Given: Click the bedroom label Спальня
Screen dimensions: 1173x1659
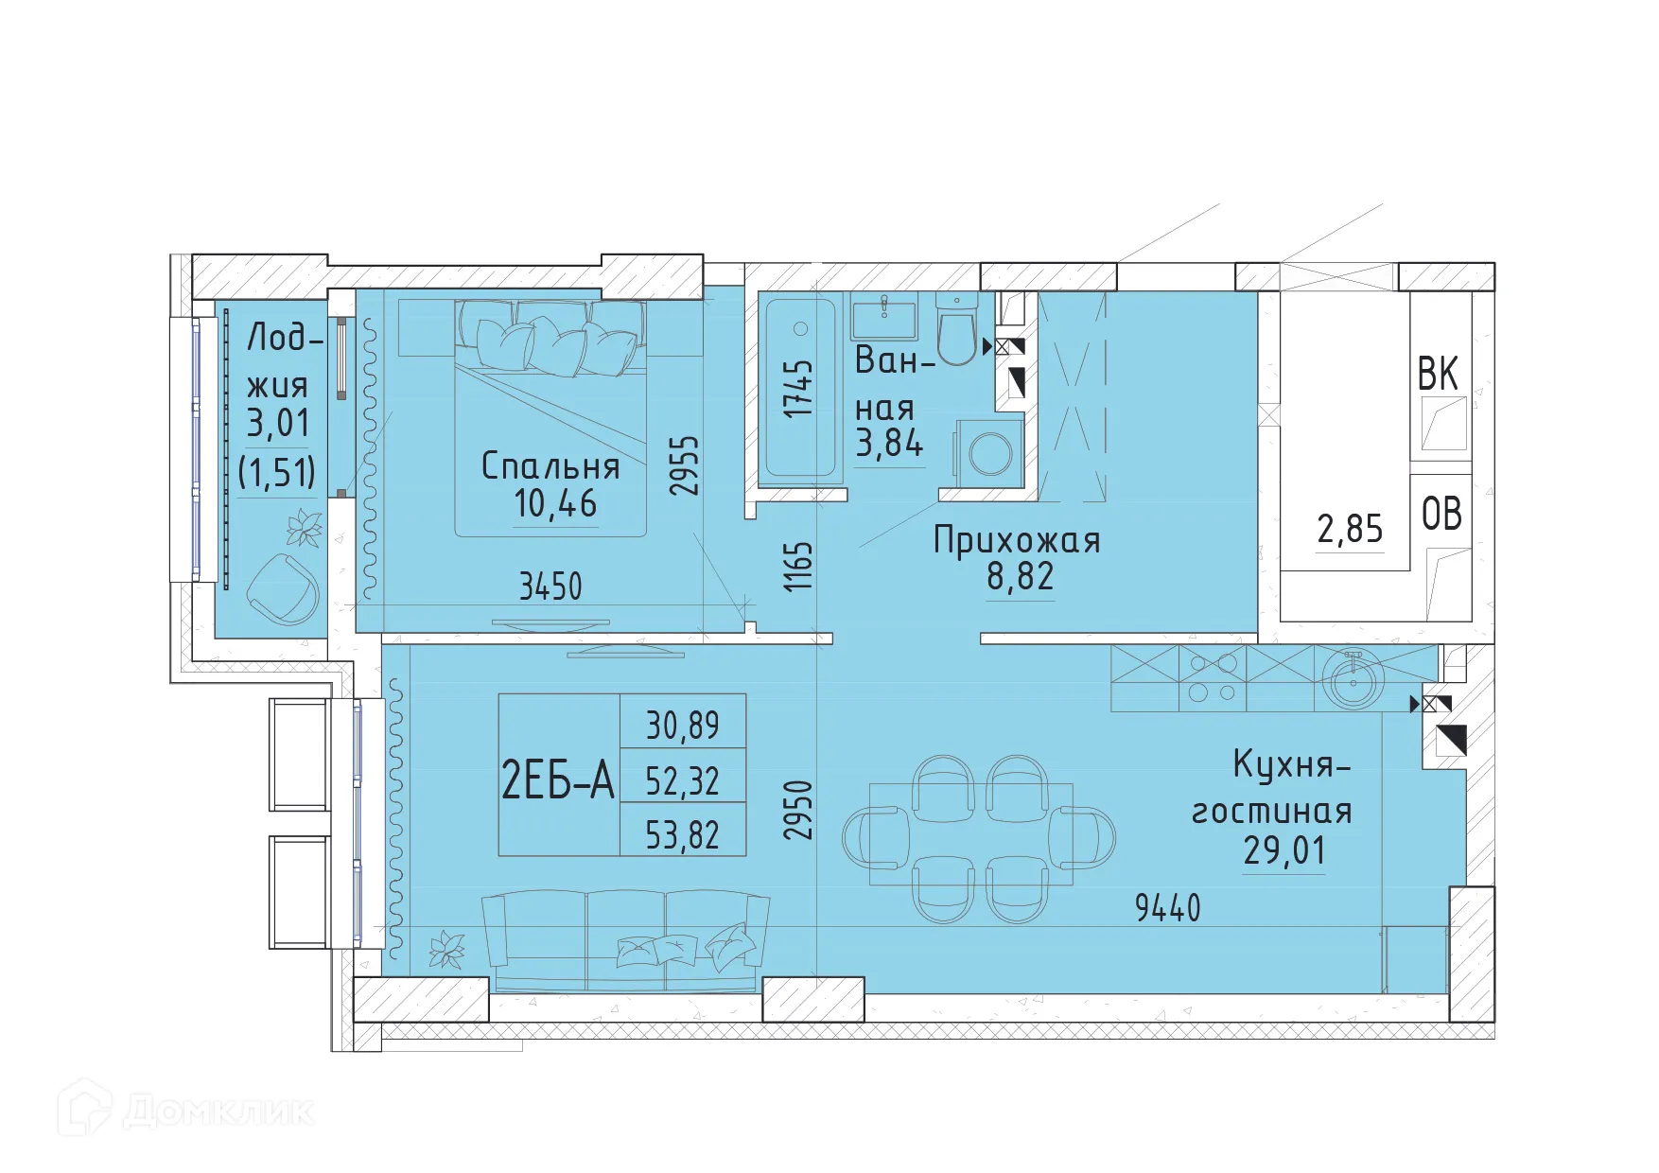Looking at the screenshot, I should [x=550, y=466].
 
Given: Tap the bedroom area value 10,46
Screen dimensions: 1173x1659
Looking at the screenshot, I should [x=555, y=504].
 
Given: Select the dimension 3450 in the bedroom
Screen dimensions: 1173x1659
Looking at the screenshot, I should [x=550, y=586].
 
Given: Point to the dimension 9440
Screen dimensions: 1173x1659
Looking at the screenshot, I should [x=1167, y=908].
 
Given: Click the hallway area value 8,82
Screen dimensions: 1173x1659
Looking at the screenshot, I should [x=1020, y=576].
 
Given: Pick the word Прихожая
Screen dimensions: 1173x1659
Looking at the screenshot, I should [x=1017, y=540].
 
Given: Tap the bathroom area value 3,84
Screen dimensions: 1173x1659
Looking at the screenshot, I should [x=888, y=443].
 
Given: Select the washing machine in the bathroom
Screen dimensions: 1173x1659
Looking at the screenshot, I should [x=990, y=453].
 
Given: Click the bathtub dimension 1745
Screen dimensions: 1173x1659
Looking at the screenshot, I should [x=799, y=389].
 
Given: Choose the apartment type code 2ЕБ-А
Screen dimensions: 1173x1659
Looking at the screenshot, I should [x=558, y=781].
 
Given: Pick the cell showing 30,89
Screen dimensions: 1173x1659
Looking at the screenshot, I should [x=682, y=726].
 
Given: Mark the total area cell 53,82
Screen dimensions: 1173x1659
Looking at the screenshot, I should [x=682, y=835].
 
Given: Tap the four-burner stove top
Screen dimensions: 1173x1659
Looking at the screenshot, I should [x=1213, y=678].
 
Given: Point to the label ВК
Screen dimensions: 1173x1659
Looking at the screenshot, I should [x=1438, y=375].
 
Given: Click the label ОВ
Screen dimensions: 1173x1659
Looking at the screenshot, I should [x=1441, y=515].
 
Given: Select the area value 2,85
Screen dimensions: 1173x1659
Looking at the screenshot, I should [x=1350, y=529].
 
